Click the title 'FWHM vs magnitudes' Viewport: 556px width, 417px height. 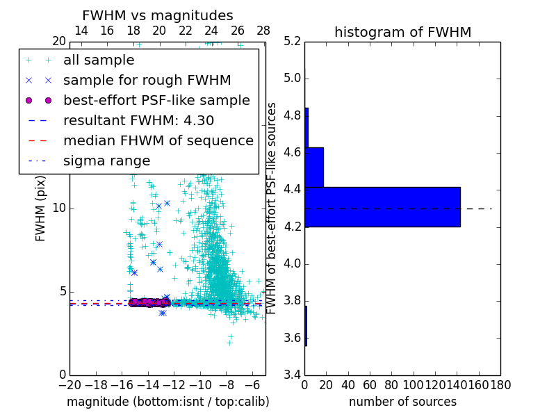point(158,15)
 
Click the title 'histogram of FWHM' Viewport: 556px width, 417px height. point(402,32)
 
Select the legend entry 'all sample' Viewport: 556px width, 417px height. point(99,60)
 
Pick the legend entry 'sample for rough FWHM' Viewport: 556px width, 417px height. point(147,80)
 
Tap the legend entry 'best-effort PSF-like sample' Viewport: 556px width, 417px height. point(156,100)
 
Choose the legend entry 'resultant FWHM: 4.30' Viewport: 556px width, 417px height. point(138,120)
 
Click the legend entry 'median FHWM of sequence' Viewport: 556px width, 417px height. point(158,140)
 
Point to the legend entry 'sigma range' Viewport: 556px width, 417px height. point(106,161)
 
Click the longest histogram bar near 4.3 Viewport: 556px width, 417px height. point(382,206)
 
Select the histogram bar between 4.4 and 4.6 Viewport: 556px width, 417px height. point(314,167)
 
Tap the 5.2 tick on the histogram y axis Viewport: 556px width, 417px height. point(292,41)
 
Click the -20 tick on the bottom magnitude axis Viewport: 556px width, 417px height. point(69,384)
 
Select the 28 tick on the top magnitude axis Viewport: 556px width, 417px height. point(263,31)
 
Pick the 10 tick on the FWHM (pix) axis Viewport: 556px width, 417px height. point(59,208)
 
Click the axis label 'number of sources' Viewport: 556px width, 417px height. point(402,402)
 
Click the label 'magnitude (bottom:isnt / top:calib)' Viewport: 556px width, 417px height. point(167,402)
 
